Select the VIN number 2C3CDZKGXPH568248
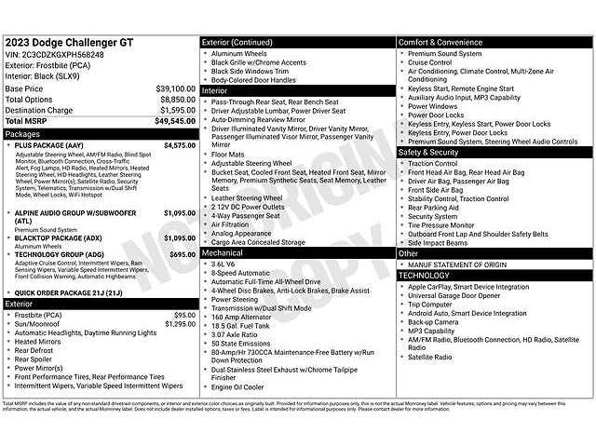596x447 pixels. (63, 55)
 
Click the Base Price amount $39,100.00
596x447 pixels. (175, 88)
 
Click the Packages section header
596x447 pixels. (23, 133)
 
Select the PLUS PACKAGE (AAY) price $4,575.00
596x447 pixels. (179, 145)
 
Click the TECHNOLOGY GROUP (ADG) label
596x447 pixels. (60, 254)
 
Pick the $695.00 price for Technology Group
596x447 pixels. (183, 254)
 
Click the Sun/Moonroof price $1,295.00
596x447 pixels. (180, 324)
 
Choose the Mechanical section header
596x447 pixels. (223, 252)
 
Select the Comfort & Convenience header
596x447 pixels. (441, 42)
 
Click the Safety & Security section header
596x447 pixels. (428, 152)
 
